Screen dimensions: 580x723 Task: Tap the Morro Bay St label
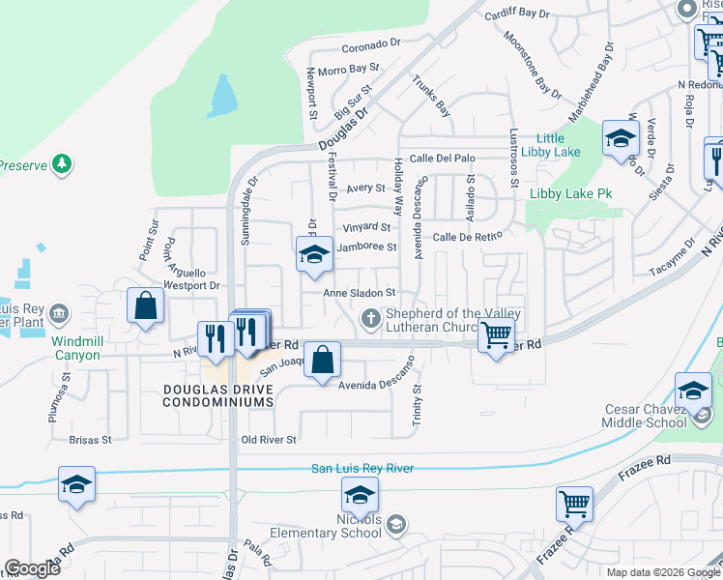pyautogui.click(x=350, y=70)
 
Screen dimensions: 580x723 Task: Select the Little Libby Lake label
pyautogui.click(x=551, y=145)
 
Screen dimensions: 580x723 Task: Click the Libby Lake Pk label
pyautogui.click(x=571, y=193)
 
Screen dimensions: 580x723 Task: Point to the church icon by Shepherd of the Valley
pyautogui.click(x=370, y=318)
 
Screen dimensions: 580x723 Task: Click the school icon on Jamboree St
pyautogui.click(x=313, y=255)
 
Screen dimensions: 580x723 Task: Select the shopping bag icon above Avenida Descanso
pyautogui.click(x=324, y=360)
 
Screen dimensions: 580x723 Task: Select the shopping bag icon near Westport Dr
pyautogui.click(x=144, y=306)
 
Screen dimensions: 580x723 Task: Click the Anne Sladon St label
pyautogui.click(x=360, y=292)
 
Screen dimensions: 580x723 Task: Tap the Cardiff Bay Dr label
pyautogui.click(x=530, y=14)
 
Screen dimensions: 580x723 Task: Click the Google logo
pyautogui.click(x=32, y=568)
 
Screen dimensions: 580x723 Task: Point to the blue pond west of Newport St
pyautogui.click(x=222, y=96)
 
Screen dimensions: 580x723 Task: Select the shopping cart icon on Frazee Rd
pyautogui.click(x=574, y=504)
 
